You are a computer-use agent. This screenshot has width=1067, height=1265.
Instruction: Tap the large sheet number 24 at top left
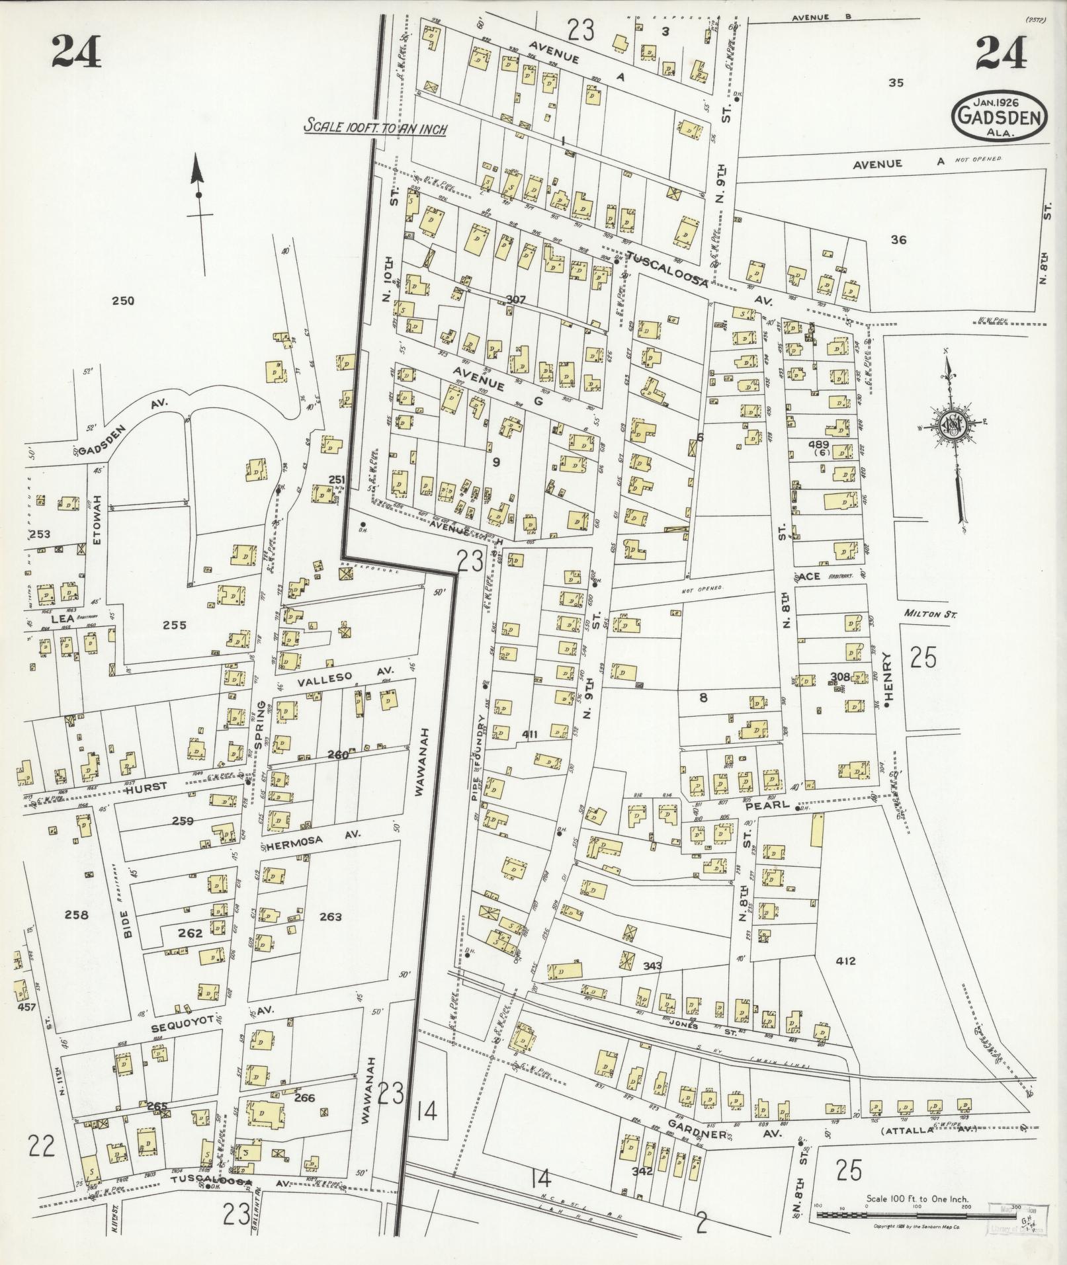tap(77, 52)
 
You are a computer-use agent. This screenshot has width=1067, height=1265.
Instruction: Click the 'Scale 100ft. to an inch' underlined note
tap(375, 127)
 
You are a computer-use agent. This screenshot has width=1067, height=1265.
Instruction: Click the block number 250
tap(122, 301)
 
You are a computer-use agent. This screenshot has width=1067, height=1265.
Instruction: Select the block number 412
tap(846, 961)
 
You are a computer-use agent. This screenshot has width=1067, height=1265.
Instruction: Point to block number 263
tap(330, 917)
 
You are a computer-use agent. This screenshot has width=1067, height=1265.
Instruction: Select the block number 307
tap(515, 300)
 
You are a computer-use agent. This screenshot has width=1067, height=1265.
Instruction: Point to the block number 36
tap(898, 240)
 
